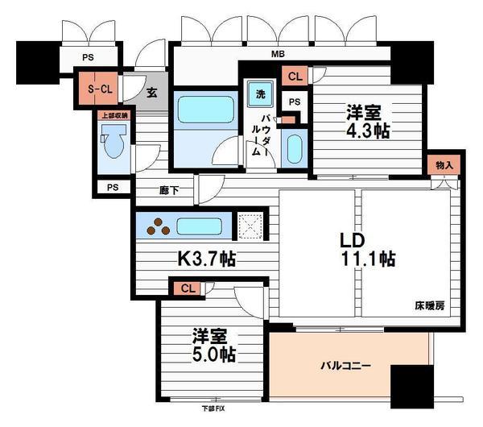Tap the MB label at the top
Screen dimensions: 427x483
pos(276,55)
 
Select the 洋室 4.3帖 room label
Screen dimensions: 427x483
pos(369,122)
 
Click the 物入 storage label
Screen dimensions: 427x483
pos(444,165)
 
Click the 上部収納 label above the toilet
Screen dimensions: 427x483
pos(113,115)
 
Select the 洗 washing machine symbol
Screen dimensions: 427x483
pos(260,94)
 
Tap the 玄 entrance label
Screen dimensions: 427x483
pos(151,91)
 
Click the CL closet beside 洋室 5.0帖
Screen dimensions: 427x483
pos(187,288)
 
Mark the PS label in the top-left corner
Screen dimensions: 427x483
pos(87,56)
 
